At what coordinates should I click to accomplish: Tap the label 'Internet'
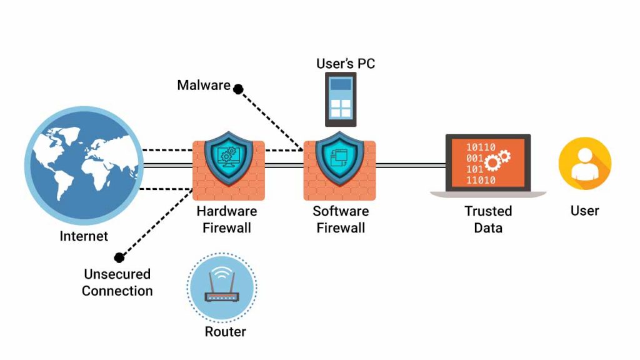pyautogui.click(x=84, y=236)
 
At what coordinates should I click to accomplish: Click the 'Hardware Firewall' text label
pyautogui.click(x=227, y=219)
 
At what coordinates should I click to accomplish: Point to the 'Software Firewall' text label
pyautogui.click(x=341, y=219)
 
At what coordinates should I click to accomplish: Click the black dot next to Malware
pyautogui.click(x=238, y=89)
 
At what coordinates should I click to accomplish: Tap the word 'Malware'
pyautogui.click(x=204, y=85)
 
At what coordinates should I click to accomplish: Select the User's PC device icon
pyautogui.click(x=341, y=99)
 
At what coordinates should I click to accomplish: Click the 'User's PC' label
pyautogui.click(x=346, y=64)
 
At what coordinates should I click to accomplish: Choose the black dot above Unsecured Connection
pyautogui.click(x=119, y=257)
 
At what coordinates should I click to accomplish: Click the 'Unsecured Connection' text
pyautogui.click(x=117, y=282)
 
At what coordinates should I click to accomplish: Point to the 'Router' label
pyautogui.click(x=226, y=332)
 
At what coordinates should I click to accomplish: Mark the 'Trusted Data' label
pyautogui.click(x=488, y=219)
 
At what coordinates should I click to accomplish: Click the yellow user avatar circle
pyautogui.click(x=584, y=164)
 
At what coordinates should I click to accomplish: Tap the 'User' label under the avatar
pyautogui.click(x=584, y=211)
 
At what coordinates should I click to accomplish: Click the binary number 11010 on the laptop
pyautogui.click(x=481, y=180)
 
